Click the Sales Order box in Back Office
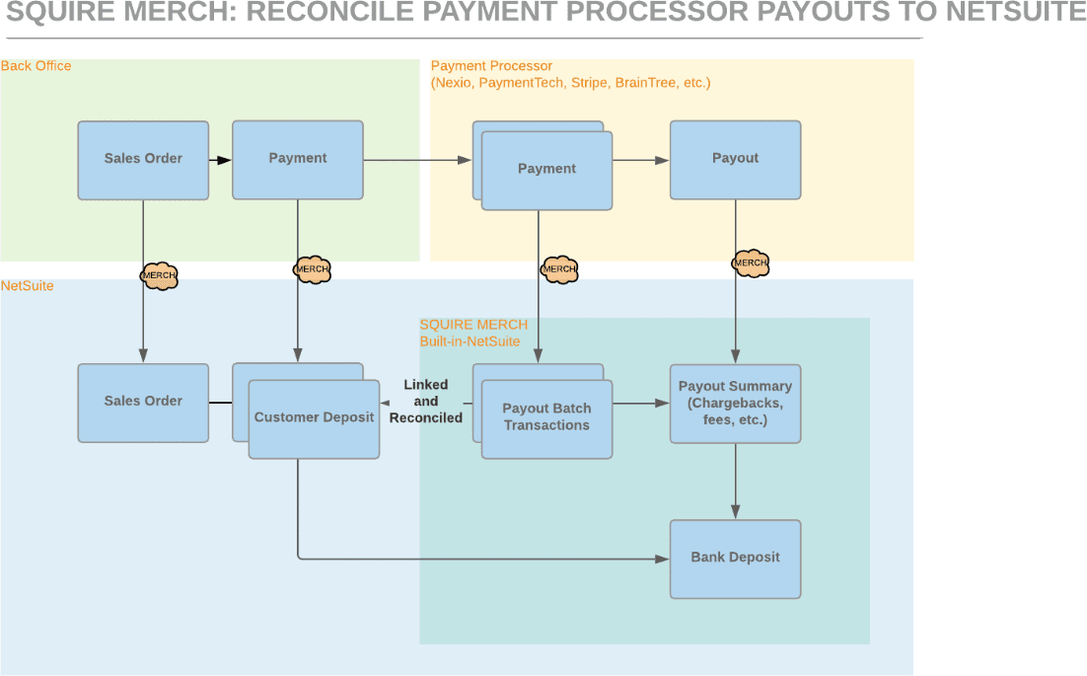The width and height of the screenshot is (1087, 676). [x=143, y=160]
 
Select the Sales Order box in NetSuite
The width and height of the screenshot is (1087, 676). [x=143, y=402]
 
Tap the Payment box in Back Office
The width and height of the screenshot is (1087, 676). [x=297, y=160]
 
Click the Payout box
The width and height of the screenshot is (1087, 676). [x=735, y=160]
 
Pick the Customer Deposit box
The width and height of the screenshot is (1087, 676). [x=314, y=418]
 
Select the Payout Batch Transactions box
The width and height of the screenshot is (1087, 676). [x=546, y=418]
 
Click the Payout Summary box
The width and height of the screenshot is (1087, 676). [x=735, y=403]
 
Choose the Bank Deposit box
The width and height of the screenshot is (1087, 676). [x=735, y=558]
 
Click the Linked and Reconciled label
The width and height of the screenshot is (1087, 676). [x=426, y=401]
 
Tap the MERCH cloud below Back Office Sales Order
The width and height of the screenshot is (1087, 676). [x=159, y=275]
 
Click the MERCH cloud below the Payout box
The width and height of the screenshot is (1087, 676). [x=750, y=263]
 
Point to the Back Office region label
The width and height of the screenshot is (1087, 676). [x=36, y=66]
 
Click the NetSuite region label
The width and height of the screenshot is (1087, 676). [x=28, y=286]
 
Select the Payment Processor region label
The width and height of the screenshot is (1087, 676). [x=491, y=66]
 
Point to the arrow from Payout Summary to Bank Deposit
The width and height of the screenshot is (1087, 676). [x=735, y=481]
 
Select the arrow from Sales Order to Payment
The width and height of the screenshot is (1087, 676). [x=220, y=160]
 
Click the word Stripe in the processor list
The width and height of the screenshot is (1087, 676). [x=589, y=83]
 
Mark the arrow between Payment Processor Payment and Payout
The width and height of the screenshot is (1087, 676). [x=640, y=160]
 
